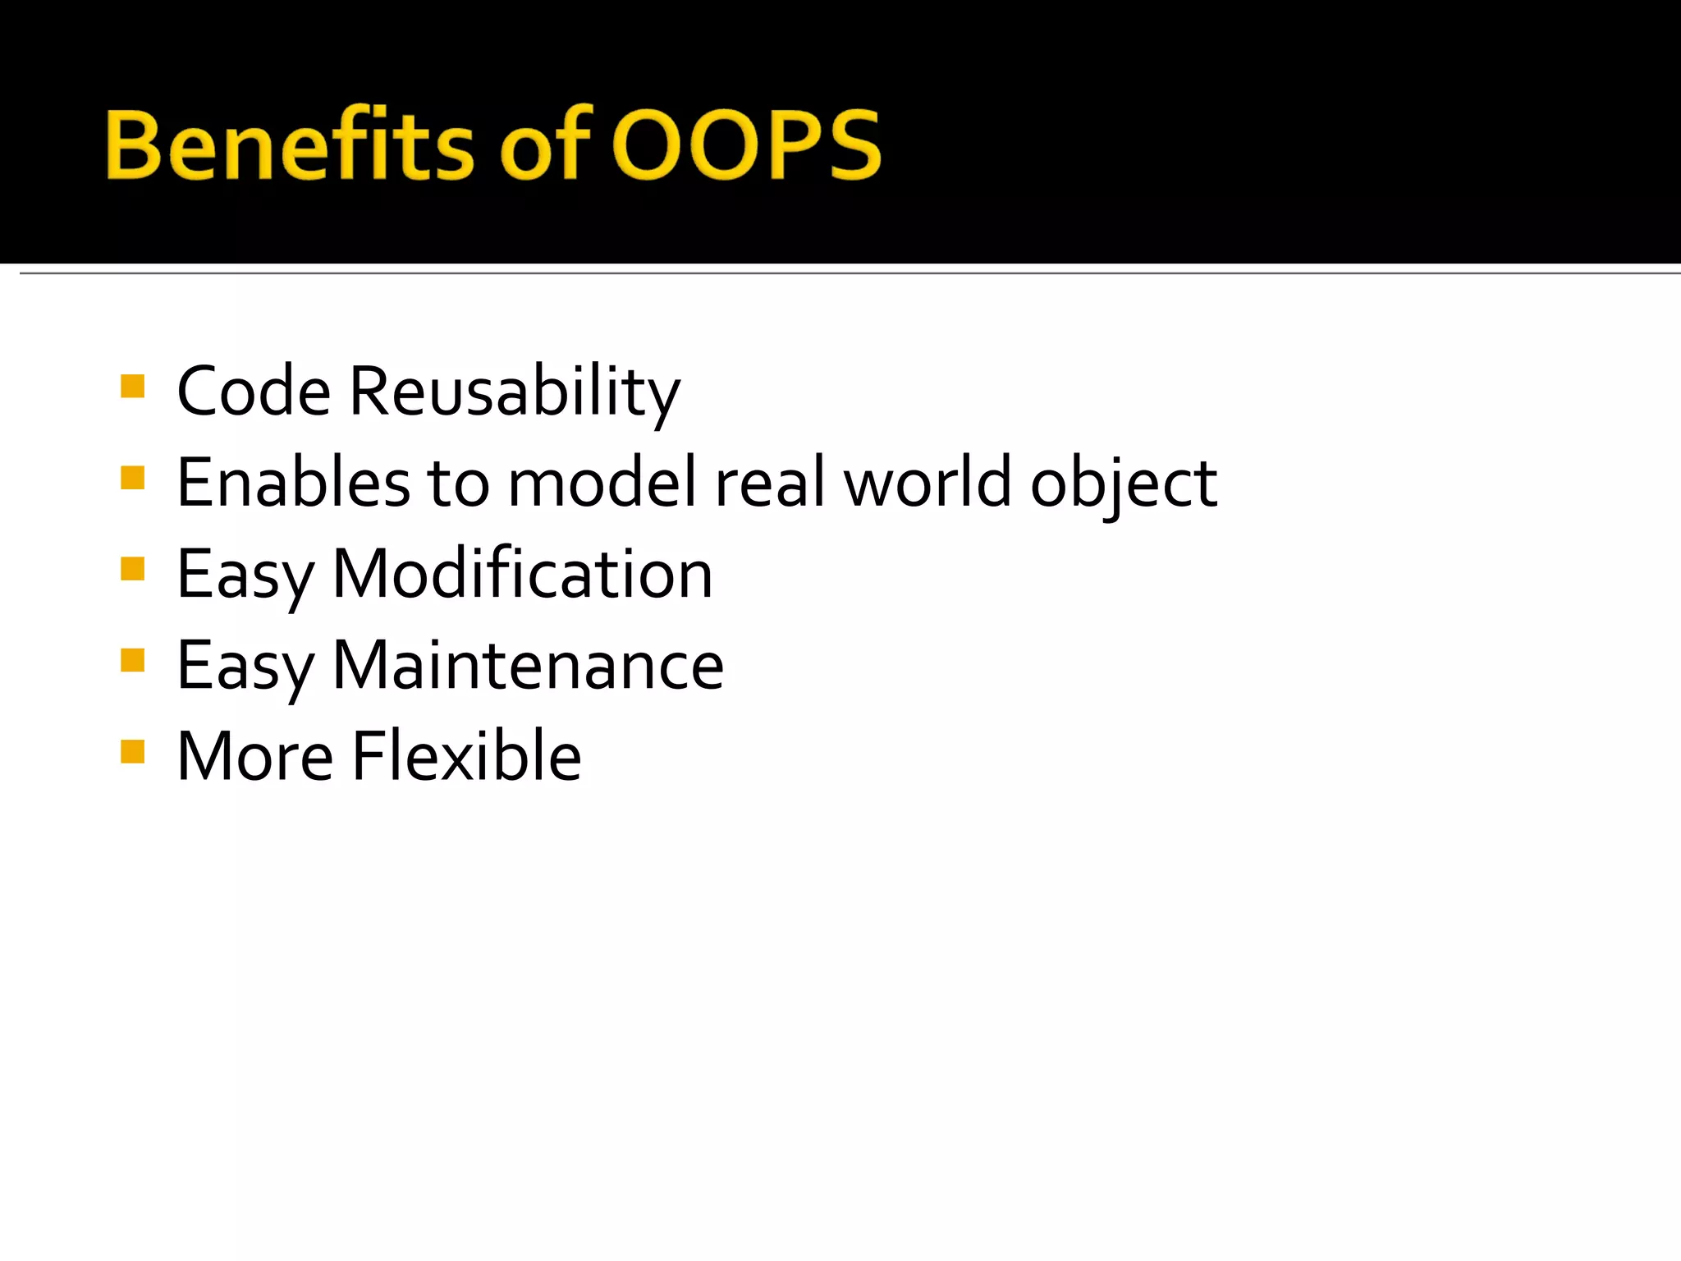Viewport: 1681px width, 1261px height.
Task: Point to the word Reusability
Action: point(515,392)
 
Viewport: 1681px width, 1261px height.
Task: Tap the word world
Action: point(928,483)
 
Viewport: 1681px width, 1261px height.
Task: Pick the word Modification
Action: point(523,574)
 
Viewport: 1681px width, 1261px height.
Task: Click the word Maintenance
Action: point(528,665)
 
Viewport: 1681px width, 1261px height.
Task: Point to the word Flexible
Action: point(466,756)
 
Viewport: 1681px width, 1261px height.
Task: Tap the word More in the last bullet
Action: point(255,756)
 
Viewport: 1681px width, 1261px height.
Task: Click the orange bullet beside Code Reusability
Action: point(132,386)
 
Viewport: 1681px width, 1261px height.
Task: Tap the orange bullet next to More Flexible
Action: point(132,751)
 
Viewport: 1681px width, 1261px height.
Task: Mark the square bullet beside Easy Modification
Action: point(132,569)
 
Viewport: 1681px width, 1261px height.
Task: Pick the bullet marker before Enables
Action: point(132,477)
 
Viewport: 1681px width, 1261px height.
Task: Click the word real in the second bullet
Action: point(770,483)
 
